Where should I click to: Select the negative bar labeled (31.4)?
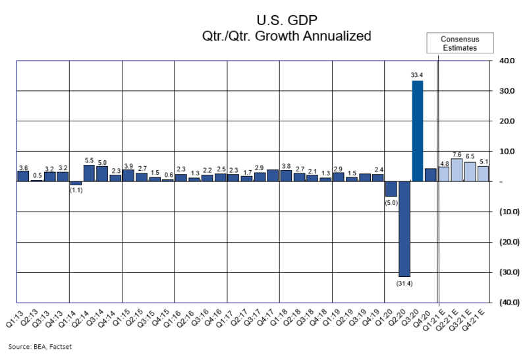tap(404, 229)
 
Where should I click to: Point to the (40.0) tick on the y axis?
tap(505, 303)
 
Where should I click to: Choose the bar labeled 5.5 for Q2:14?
tap(89, 173)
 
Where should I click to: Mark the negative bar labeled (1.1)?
tap(76, 183)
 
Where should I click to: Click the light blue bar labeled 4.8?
tap(443, 174)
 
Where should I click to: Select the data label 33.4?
tap(416, 75)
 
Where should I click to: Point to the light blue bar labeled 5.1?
tap(483, 173)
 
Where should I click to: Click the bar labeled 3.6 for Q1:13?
tap(23, 176)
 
